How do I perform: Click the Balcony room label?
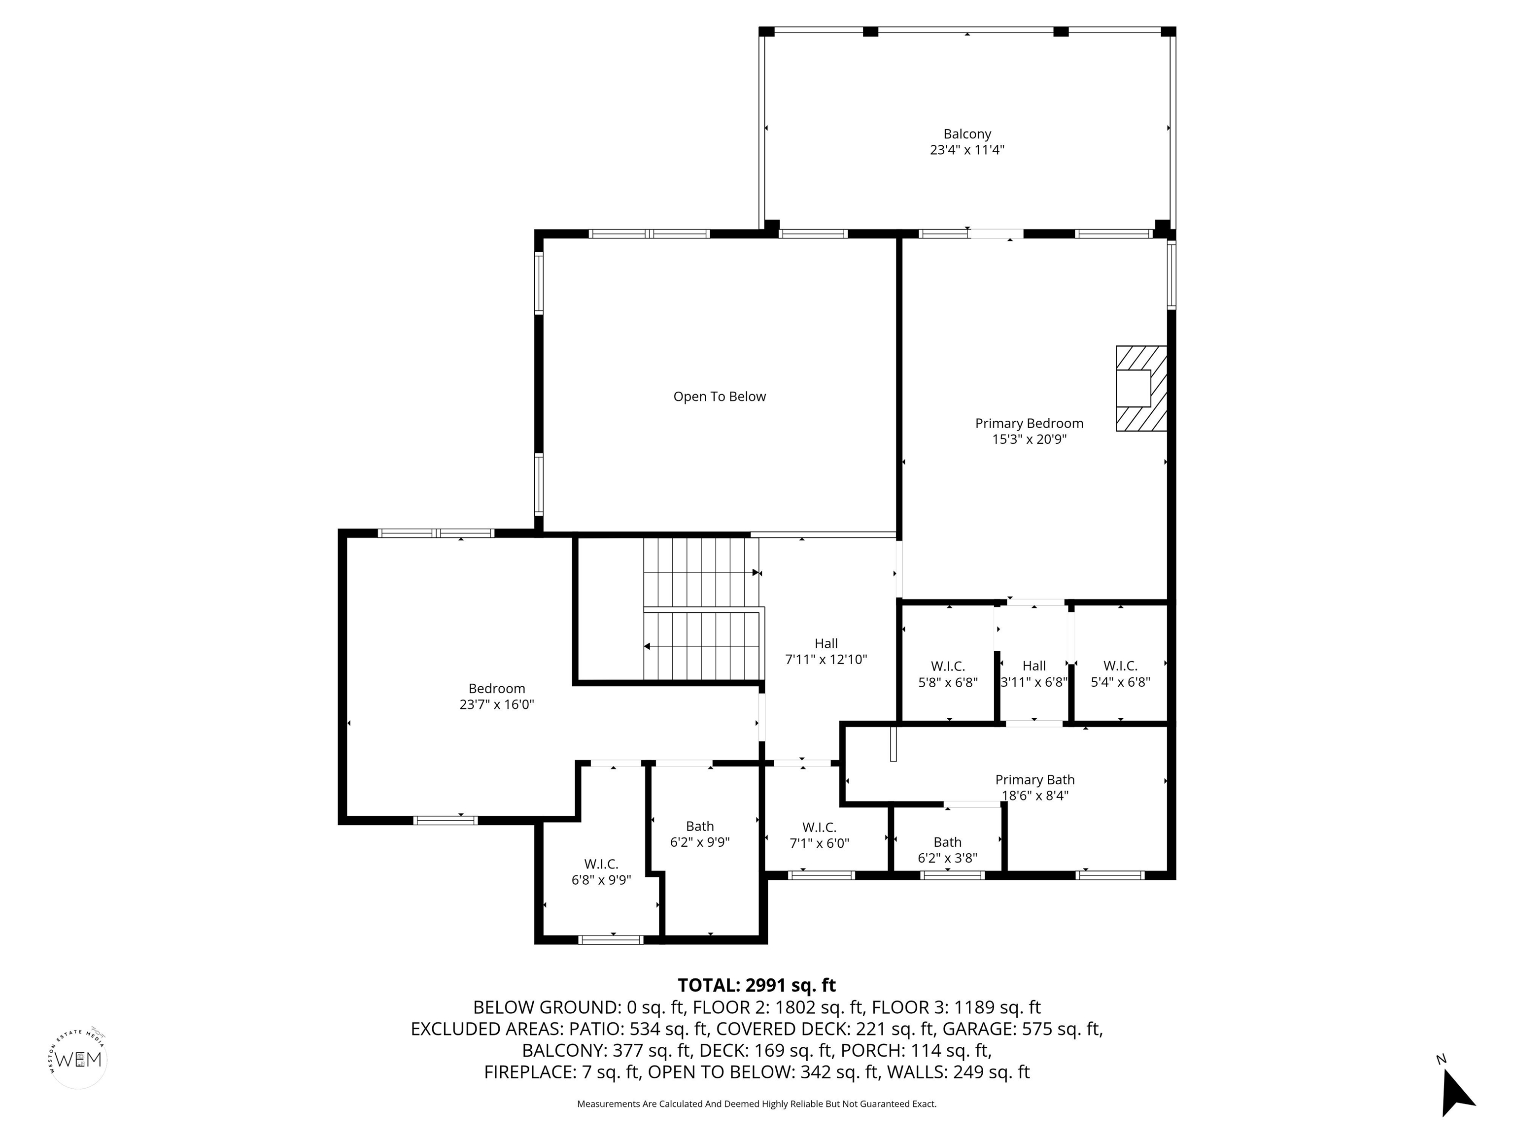click(x=966, y=134)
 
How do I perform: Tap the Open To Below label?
click(x=720, y=397)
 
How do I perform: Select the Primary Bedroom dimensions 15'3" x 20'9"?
click(x=1030, y=439)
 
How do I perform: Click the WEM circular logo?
click(x=79, y=1059)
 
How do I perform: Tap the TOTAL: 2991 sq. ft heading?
click(x=757, y=985)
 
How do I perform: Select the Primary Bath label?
click(x=1035, y=780)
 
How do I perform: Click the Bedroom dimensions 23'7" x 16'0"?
click(x=496, y=704)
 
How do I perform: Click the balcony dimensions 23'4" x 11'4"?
click(x=966, y=150)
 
